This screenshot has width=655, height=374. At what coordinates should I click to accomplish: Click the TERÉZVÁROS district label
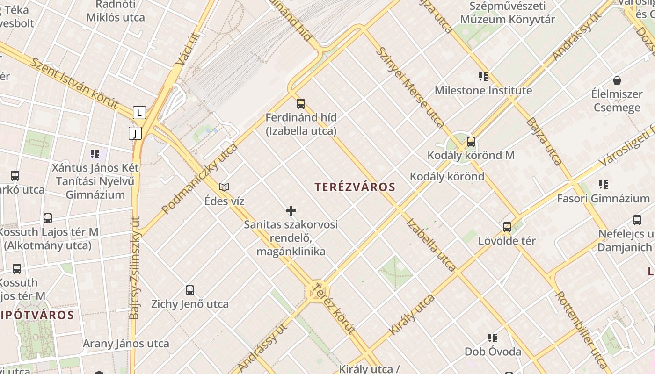pyautogui.click(x=355, y=187)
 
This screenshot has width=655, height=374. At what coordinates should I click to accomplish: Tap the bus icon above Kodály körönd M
pyautogui.click(x=471, y=141)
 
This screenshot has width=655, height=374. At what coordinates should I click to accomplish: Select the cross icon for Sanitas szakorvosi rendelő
pyautogui.click(x=291, y=211)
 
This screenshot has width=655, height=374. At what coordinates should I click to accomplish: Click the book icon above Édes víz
pyautogui.click(x=224, y=187)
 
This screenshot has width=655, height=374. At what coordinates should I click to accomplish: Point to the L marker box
pyautogui.click(x=139, y=113)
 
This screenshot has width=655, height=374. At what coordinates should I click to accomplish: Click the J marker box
pyautogui.click(x=135, y=134)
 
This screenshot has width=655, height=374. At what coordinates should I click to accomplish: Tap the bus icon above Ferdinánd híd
pyautogui.click(x=301, y=103)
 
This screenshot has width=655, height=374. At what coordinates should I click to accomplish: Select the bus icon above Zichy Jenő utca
pyautogui.click(x=190, y=290)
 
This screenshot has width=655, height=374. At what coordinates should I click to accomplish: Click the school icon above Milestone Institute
pyautogui.click(x=483, y=76)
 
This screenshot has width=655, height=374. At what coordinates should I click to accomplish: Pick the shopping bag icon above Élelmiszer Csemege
pyautogui.click(x=617, y=80)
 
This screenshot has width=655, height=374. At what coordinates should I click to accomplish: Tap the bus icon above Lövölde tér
pyautogui.click(x=507, y=227)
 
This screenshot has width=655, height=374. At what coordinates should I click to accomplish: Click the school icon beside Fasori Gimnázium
pyautogui.click(x=604, y=185)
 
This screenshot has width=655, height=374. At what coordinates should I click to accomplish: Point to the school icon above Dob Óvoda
pyautogui.click(x=493, y=338)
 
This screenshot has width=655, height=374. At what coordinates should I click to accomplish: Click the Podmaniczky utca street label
pyautogui.click(x=200, y=179)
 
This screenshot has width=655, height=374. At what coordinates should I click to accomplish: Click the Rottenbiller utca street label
pyautogui.click(x=582, y=329)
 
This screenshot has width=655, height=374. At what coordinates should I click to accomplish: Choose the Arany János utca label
pyautogui.click(x=126, y=344)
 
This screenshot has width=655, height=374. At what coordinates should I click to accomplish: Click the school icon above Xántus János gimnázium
pyautogui.click(x=95, y=153)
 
